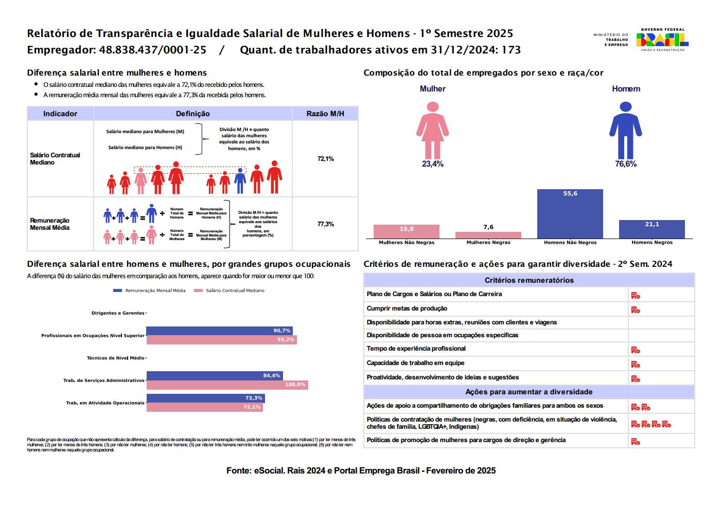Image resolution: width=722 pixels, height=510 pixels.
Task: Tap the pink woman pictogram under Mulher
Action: [432, 130]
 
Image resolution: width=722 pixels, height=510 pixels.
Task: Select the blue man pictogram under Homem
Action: [625, 130]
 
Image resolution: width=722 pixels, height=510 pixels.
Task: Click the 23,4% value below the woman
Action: [432, 164]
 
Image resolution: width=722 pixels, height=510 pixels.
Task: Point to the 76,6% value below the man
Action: [625, 164]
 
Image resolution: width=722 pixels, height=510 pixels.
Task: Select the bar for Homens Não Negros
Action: [570, 214]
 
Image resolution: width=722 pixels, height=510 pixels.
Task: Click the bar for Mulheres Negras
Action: [488, 235]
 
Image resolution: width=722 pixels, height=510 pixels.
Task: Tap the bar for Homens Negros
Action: [651, 229]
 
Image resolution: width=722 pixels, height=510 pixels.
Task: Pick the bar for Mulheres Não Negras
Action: [406, 231]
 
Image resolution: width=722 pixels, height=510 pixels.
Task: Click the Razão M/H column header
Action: [325, 114]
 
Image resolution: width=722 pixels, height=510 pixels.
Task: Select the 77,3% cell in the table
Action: [325, 224]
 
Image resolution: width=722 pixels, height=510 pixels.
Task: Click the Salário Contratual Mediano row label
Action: [55, 158]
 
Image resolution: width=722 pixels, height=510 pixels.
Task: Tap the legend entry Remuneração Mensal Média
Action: [150, 290]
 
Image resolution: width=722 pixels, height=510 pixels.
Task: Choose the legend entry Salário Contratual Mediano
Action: [230, 290]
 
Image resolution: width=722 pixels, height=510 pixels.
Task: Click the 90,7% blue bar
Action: [219, 331]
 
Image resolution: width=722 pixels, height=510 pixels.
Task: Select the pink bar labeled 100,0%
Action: [227, 385]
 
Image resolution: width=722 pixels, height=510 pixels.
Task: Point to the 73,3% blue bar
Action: [205, 398]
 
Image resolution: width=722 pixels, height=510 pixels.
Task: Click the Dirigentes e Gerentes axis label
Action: [118, 313]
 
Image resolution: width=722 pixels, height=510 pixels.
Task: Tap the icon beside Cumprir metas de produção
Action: [636, 309]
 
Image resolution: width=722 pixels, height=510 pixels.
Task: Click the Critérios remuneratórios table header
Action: [529, 280]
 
